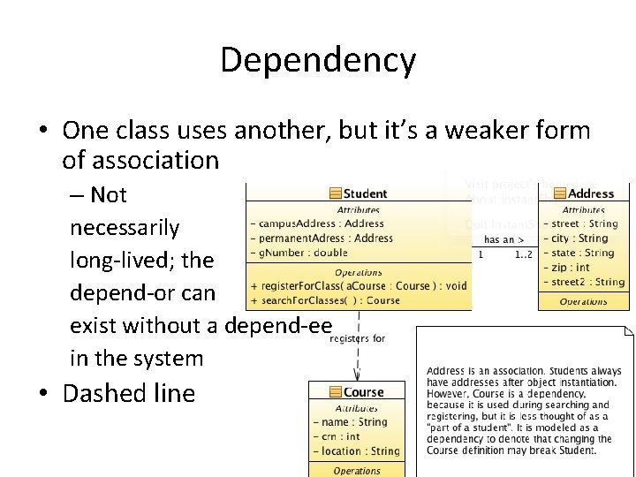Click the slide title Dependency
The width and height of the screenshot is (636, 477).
coord(317,60)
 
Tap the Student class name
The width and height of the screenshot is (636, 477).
coord(365,193)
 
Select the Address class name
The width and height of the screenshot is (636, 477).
coord(591,193)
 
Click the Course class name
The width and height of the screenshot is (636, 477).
coord(363,392)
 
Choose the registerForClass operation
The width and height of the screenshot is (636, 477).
coord(359,286)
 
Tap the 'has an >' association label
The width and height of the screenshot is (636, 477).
coord(504,239)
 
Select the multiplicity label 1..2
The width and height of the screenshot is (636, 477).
coord(523,254)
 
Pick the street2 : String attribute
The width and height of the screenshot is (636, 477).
coord(587,282)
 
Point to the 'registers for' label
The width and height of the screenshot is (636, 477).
coord(357,337)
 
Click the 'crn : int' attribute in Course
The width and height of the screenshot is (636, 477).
coord(341,436)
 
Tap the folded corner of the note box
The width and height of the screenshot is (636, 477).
coord(628,333)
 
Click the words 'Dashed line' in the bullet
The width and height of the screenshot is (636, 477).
coord(128,393)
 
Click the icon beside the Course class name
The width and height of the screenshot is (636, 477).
coord(335,392)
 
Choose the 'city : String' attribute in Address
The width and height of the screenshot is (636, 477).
coord(579,238)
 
